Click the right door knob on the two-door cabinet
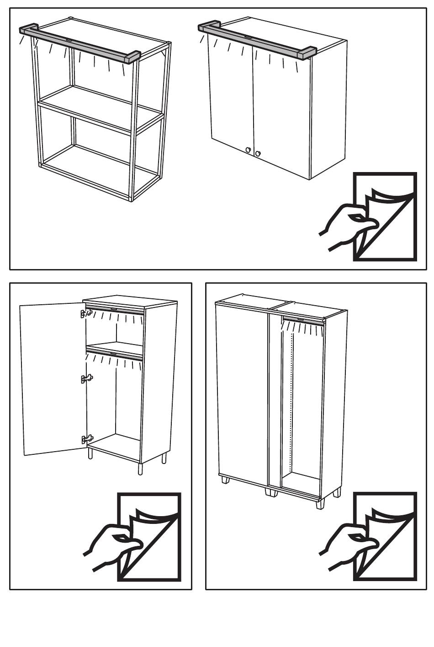click(258, 153)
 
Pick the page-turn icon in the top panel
click(370, 217)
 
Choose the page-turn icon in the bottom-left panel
click(134, 537)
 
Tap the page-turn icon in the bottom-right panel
click(370, 537)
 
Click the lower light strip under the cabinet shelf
click(114, 353)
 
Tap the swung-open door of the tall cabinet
click(53, 377)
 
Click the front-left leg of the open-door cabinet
click(90, 453)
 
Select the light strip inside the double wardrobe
click(303, 319)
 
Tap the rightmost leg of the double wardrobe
click(337, 493)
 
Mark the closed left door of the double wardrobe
click(241, 394)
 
